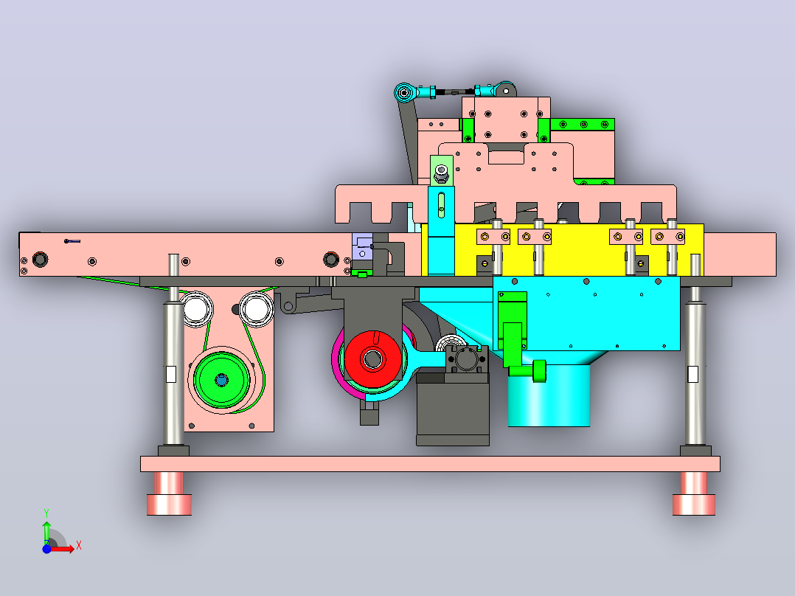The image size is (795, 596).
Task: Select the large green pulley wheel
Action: (221, 379)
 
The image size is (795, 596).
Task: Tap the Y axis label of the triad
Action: (46, 513)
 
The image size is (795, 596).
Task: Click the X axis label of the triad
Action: (79, 546)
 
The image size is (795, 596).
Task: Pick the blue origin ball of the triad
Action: (46, 549)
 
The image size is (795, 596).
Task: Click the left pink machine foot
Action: (169, 493)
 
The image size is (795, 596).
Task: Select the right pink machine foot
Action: (693, 493)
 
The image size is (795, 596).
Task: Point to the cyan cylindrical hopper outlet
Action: (549, 395)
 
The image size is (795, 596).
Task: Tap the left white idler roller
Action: (196, 309)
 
